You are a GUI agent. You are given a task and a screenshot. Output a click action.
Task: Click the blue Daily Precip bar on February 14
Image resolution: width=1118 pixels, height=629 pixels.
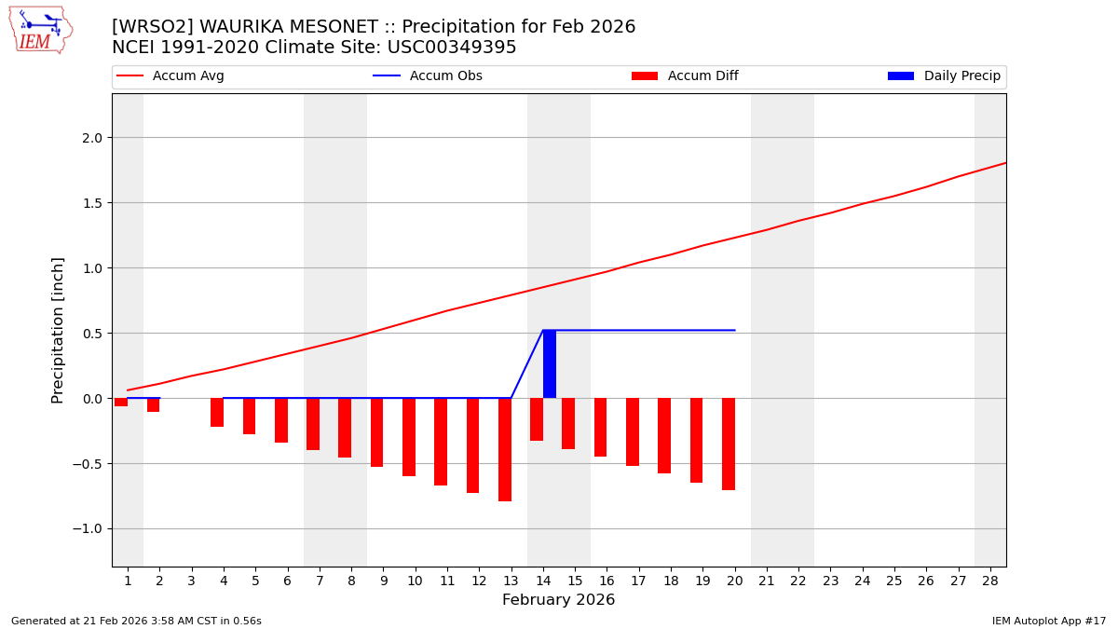click(550, 363)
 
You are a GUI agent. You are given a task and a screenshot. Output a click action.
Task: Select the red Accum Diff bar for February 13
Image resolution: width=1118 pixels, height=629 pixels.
click(505, 449)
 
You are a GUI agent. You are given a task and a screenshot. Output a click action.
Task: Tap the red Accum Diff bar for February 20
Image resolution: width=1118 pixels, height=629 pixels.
click(729, 444)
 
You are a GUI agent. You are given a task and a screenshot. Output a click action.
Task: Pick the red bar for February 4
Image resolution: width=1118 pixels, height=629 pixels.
click(217, 412)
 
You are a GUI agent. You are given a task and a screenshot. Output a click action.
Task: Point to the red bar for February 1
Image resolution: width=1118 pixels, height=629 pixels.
click(121, 402)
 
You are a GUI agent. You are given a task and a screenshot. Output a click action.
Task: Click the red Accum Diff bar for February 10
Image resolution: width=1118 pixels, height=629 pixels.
click(409, 437)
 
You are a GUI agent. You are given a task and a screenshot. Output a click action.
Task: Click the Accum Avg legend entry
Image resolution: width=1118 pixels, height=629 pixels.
click(170, 76)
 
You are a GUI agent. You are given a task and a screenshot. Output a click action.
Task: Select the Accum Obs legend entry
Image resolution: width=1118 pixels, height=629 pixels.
click(428, 76)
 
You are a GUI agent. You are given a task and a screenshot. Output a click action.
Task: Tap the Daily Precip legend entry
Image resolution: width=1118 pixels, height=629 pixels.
click(944, 76)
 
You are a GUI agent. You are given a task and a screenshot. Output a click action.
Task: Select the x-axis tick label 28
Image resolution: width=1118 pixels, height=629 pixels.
click(990, 581)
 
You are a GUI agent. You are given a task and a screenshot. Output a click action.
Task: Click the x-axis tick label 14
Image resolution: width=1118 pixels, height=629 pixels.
click(542, 581)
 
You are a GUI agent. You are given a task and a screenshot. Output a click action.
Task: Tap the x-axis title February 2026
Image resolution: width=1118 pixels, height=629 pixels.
click(558, 600)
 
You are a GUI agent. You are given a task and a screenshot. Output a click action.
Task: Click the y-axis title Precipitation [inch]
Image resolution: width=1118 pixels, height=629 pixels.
click(58, 330)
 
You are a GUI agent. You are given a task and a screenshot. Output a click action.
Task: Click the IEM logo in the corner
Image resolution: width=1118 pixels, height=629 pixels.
click(40, 30)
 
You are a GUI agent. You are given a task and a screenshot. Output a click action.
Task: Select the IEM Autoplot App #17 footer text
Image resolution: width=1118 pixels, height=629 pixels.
click(1048, 621)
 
